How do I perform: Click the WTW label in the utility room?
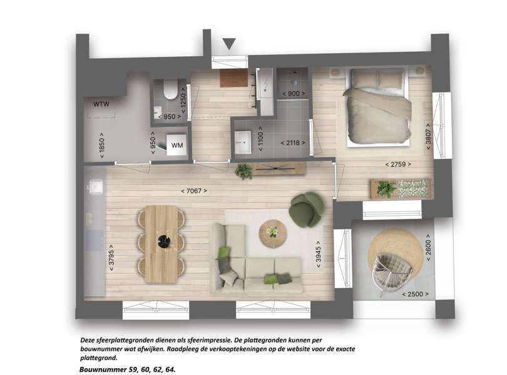[101, 104]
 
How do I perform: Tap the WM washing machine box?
[177, 145]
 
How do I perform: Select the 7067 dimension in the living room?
[194, 191]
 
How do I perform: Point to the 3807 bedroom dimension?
[428, 136]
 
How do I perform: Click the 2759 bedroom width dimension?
[398, 164]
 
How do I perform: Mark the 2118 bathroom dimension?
[293, 142]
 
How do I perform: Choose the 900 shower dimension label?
[294, 94]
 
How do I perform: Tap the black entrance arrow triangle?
[229, 44]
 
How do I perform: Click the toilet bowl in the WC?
[170, 89]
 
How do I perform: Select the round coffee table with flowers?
[273, 233]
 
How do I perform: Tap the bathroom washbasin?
[242, 142]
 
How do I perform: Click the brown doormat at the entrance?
[233, 78]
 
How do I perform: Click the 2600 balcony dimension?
[428, 243]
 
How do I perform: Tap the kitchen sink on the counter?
[96, 187]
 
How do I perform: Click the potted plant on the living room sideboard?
[244, 171]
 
